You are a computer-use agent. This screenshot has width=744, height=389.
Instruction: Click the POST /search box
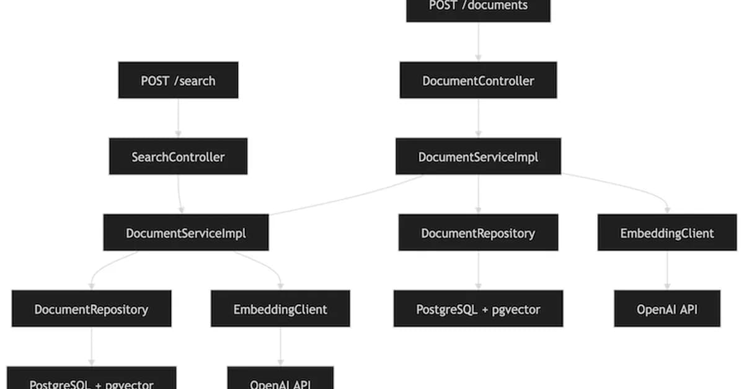pyautogui.click(x=178, y=80)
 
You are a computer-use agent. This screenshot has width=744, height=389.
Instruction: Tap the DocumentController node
pyautogui.click(x=478, y=80)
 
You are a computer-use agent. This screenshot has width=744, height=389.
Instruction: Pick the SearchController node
pyautogui.click(x=178, y=156)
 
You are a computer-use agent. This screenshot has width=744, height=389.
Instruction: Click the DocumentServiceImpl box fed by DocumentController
pyautogui.click(x=478, y=156)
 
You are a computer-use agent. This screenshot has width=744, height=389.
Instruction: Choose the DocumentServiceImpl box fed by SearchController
pyautogui.click(x=186, y=233)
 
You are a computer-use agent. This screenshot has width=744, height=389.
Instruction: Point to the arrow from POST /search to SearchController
pyautogui.click(x=178, y=118)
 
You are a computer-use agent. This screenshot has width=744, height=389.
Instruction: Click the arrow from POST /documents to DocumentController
pyautogui.click(x=478, y=42)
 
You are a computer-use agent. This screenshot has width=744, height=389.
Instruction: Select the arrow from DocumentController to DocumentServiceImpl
pyautogui.click(x=478, y=118)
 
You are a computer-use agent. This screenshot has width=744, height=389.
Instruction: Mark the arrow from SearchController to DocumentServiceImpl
pyautogui.click(x=180, y=194)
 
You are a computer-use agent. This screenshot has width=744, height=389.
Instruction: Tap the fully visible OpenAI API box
pyautogui.click(x=667, y=308)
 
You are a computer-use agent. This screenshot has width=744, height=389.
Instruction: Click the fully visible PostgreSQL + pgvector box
pyautogui.click(x=478, y=308)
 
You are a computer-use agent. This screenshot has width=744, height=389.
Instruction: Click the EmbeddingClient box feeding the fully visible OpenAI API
pyautogui.click(x=667, y=233)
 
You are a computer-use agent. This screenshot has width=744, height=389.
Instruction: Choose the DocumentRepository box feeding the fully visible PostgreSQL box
pyautogui.click(x=478, y=233)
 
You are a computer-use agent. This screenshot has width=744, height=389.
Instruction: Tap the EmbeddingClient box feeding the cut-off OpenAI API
pyautogui.click(x=280, y=308)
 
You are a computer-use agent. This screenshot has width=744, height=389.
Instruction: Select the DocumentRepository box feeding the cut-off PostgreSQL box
pyautogui.click(x=92, y=308)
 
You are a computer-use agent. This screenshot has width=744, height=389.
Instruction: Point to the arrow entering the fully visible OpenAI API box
pyautogui.click(x=667, y=271)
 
